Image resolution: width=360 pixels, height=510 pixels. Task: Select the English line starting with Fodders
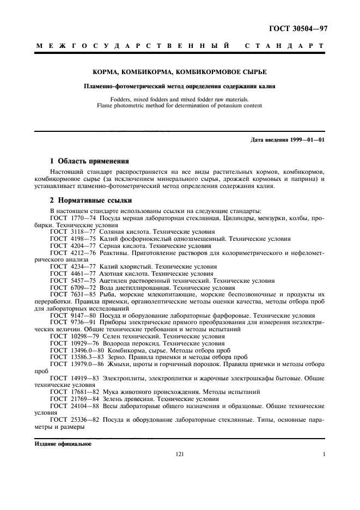(180, 99)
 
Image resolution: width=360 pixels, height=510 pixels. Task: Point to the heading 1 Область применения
(89, 161)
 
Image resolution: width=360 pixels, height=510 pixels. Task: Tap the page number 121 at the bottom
(180, 454)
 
